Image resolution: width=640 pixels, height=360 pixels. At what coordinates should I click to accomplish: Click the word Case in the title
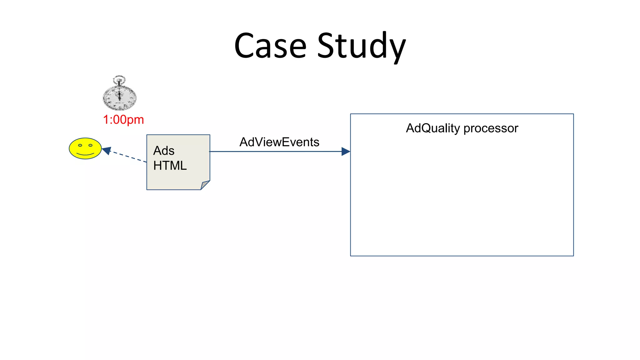pyautogui.click(x=270, y=46)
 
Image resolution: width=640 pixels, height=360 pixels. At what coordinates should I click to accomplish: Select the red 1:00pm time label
pyautogui.click(x=123, y=120)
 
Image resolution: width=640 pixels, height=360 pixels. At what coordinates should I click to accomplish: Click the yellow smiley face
pyautogui.click(x=85, y=148)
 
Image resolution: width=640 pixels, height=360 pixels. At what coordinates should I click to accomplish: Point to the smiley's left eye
pyautogui.click(x=80, y=145)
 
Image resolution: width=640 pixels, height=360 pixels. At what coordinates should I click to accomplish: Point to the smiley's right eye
pyautogui.click(x=91, y=145)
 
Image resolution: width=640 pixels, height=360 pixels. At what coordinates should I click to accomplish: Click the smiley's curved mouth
pyautogui.click(x=85, y=154)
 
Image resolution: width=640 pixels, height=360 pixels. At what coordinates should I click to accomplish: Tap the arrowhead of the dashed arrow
pyautogui.click(x=107, y=151)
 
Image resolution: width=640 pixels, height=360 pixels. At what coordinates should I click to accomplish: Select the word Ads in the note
pyautogui.click(x=164, y=151)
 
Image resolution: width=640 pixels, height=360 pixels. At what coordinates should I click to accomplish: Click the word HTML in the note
pyautogui.click(x=170, y=166)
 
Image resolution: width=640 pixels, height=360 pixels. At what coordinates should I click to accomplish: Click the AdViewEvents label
pyautogui.click(x=279, y=142)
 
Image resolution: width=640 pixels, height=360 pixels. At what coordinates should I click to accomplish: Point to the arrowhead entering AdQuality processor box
pyautogui.click(x=346, y=152)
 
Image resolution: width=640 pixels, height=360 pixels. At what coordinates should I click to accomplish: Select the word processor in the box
pyautogui.click(x=491, y=128)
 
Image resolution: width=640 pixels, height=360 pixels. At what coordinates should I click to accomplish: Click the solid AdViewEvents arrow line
pyautogui.click(x=275, y=152)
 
